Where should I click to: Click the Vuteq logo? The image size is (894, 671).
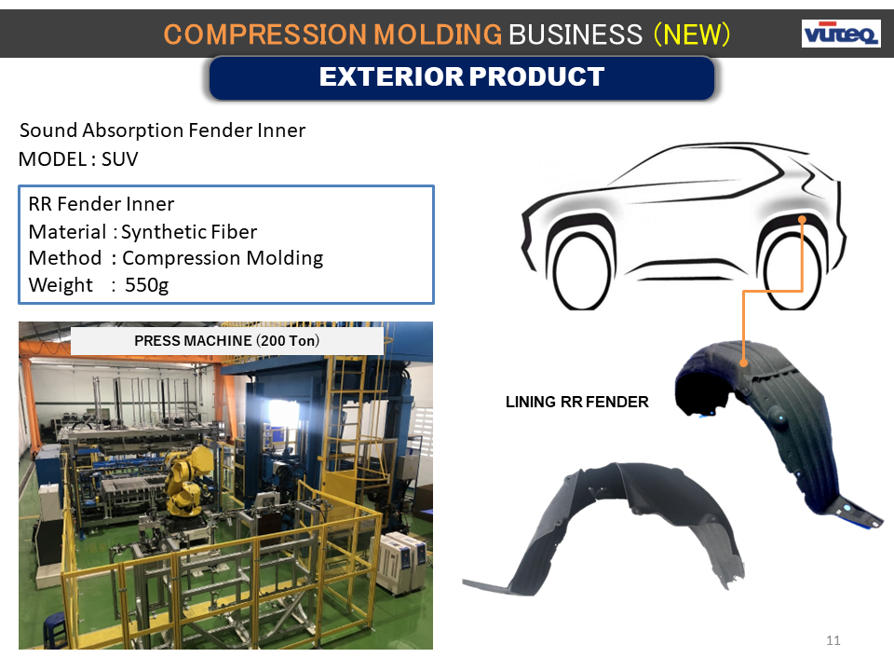[841, 34]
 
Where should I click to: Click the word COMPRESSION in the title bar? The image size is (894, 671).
[265, 34]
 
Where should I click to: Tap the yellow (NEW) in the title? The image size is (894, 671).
[692, 34]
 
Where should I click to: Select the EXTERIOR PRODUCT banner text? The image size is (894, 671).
[462, 76]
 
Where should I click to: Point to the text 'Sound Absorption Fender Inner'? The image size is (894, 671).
[162, 130]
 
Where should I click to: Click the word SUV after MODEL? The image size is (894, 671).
[120, 159]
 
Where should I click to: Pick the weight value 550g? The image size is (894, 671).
[146, 285]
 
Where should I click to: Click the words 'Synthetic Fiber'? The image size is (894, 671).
[189, 232]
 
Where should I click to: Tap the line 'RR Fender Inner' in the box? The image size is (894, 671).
[102, 204]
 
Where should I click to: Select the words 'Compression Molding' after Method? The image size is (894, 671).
[223, 258]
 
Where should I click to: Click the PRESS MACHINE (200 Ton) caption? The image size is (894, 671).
[227, 341]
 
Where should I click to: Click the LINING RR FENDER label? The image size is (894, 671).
[577, 402]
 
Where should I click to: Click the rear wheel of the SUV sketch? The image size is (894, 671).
[792, 271]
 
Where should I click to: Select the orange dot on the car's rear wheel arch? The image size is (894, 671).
[802, 220]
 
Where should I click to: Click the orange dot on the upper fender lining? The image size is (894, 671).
[743, 363]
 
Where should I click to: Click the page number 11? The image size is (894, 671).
[833, 640]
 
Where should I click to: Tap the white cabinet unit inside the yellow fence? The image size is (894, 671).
[403, 563]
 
